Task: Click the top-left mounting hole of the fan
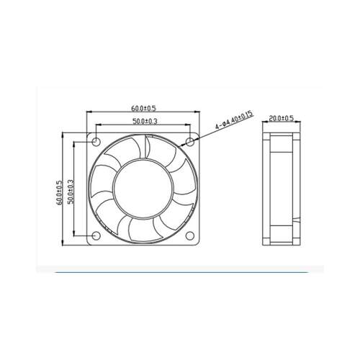tap(96, 142)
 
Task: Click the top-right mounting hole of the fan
tap(190, 142)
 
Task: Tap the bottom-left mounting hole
tap(96, 235)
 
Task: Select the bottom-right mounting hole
tap(190, 235)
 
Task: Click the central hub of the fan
tap(143, 189)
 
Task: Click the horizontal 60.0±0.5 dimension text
tap(143, 109)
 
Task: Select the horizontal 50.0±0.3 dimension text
tap(145, 122)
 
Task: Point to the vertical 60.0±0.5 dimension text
tap(59, 193)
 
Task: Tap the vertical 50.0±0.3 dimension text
tap(71, 192)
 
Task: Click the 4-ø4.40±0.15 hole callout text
tap(234, 120)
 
